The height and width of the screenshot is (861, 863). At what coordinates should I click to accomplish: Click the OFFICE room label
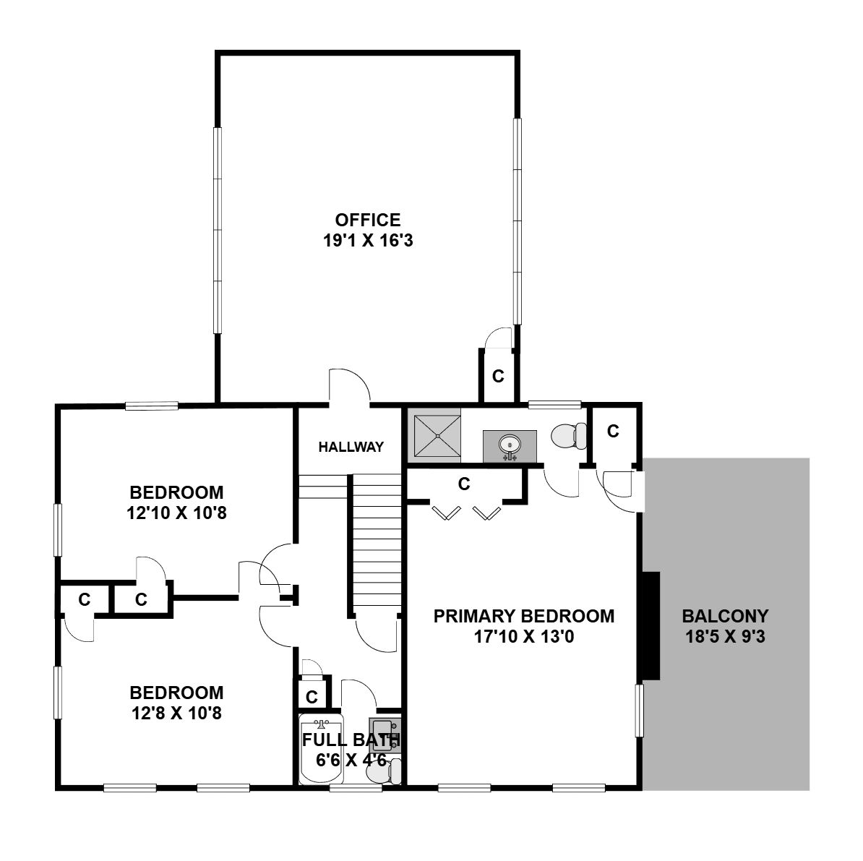(x=368, y=220)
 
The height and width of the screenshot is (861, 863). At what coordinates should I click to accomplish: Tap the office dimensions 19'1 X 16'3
(x=368, y=241)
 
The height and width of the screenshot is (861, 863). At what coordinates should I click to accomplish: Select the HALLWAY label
(x=351, y=447)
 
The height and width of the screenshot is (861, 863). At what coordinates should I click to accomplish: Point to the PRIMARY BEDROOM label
(x=524, y=616)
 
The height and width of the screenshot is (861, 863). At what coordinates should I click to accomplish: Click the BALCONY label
(x=725, y=616)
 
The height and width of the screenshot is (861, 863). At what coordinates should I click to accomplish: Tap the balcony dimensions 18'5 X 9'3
(x=725, y=637)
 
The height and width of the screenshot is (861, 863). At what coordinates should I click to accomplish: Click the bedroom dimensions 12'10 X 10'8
(x=176, y=513)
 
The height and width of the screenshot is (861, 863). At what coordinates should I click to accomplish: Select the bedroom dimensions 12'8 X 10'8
(x=176, y=714)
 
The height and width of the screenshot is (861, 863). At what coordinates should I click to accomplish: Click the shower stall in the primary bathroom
(x=437, y=436)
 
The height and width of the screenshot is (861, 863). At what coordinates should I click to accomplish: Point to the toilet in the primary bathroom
(x=569, y=436)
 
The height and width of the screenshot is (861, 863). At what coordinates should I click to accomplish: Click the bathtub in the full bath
(x=322, y=749)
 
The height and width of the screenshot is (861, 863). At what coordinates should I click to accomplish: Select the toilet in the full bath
(x=385, y=771)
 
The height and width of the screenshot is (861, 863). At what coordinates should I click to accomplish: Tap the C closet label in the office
(x=498, y=376)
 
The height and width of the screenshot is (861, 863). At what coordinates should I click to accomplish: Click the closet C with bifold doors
(x=464, y=484)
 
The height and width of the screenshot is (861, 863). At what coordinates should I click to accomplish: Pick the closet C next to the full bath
(x=312, y=697)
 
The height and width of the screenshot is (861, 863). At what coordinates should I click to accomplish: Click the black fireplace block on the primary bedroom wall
(x=650, y=626)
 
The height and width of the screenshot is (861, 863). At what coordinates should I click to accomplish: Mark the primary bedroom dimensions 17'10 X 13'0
(x=524, y=637)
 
